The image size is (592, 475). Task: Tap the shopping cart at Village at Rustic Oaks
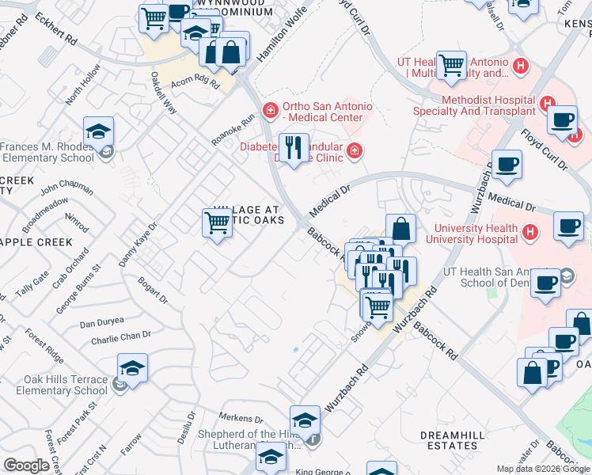pos(217,223)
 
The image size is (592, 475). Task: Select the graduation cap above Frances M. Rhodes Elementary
pos(98,131)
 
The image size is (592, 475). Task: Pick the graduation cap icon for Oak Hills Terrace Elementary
pos(132,368)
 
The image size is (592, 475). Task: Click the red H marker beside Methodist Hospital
pos(547,103)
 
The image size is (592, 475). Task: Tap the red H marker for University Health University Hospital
pos(529,232)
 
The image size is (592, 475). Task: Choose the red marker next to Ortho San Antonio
pos(271,109)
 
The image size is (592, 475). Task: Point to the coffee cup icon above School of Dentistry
pos(545,284)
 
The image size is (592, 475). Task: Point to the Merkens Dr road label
pos(241,418)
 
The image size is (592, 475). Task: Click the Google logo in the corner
pos(27,465)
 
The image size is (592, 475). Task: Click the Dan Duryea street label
pos(103,323)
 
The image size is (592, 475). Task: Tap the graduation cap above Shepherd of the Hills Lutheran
pos(305,420)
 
